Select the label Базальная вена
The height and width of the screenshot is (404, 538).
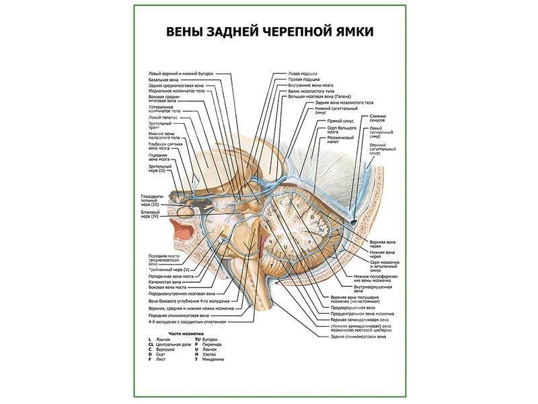click(164, 79)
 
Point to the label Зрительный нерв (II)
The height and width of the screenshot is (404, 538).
click(160, 168)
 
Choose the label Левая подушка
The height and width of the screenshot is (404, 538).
click(303, 73)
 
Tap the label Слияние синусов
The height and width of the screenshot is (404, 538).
click(378, 119)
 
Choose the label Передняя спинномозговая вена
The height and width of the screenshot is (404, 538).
click(178, 314)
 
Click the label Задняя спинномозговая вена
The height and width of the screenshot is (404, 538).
click(354, 336)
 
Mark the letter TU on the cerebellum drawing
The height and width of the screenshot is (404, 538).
click(321, 230)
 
